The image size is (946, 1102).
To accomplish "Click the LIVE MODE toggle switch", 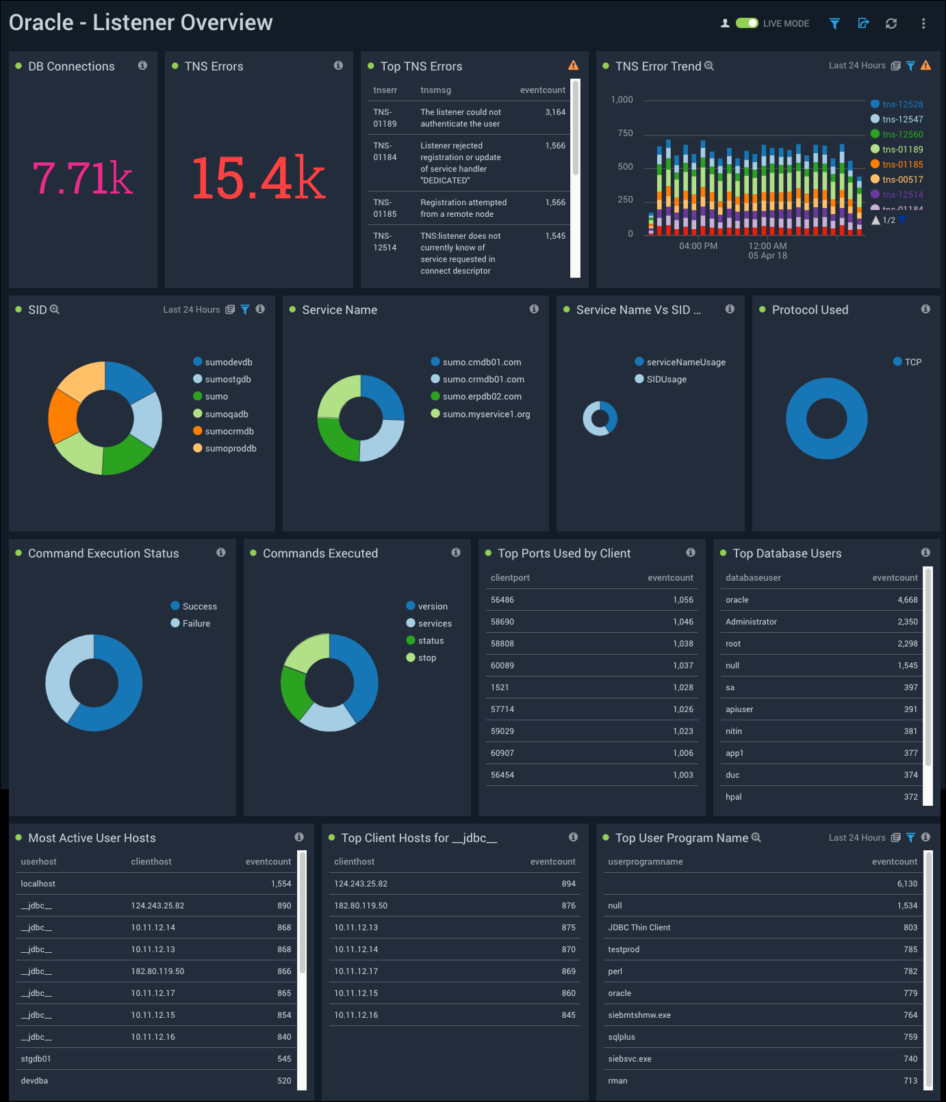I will click(x=747, y=23).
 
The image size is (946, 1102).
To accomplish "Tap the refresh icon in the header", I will click(x=891, y=23).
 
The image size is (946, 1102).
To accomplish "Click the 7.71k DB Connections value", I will click(x=83, y=179).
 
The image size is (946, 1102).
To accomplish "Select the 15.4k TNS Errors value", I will click(x=258, y=179).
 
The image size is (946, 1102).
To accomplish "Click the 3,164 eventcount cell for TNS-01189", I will click(x=555, y=112).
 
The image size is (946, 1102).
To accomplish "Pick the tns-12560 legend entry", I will click(x=902, y=135).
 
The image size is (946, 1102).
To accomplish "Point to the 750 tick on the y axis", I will click(x=625, y=133).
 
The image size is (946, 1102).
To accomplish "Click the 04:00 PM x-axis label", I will click(x=698, y=246).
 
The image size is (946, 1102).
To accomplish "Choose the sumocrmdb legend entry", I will click(x=229, y=432).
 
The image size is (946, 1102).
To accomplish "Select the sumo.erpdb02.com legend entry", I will click(x=482, y=397).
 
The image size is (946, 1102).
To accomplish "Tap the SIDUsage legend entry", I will click(x=666, y=380).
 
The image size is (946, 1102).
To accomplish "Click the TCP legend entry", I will click(x=912, y=363).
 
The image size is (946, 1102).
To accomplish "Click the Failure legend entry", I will click(x=196, y=624).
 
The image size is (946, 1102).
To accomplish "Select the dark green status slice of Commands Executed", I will click(x=293, y=692).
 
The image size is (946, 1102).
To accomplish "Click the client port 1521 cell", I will click(x=500, y=687).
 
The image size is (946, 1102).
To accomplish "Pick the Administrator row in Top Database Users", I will click(x=751, y=622).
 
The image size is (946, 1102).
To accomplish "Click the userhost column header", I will click(x=39, y=862).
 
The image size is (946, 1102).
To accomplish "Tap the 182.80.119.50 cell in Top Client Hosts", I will click(x=361, y=906).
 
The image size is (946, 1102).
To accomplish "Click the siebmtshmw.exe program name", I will click(x=639, y=1015).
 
